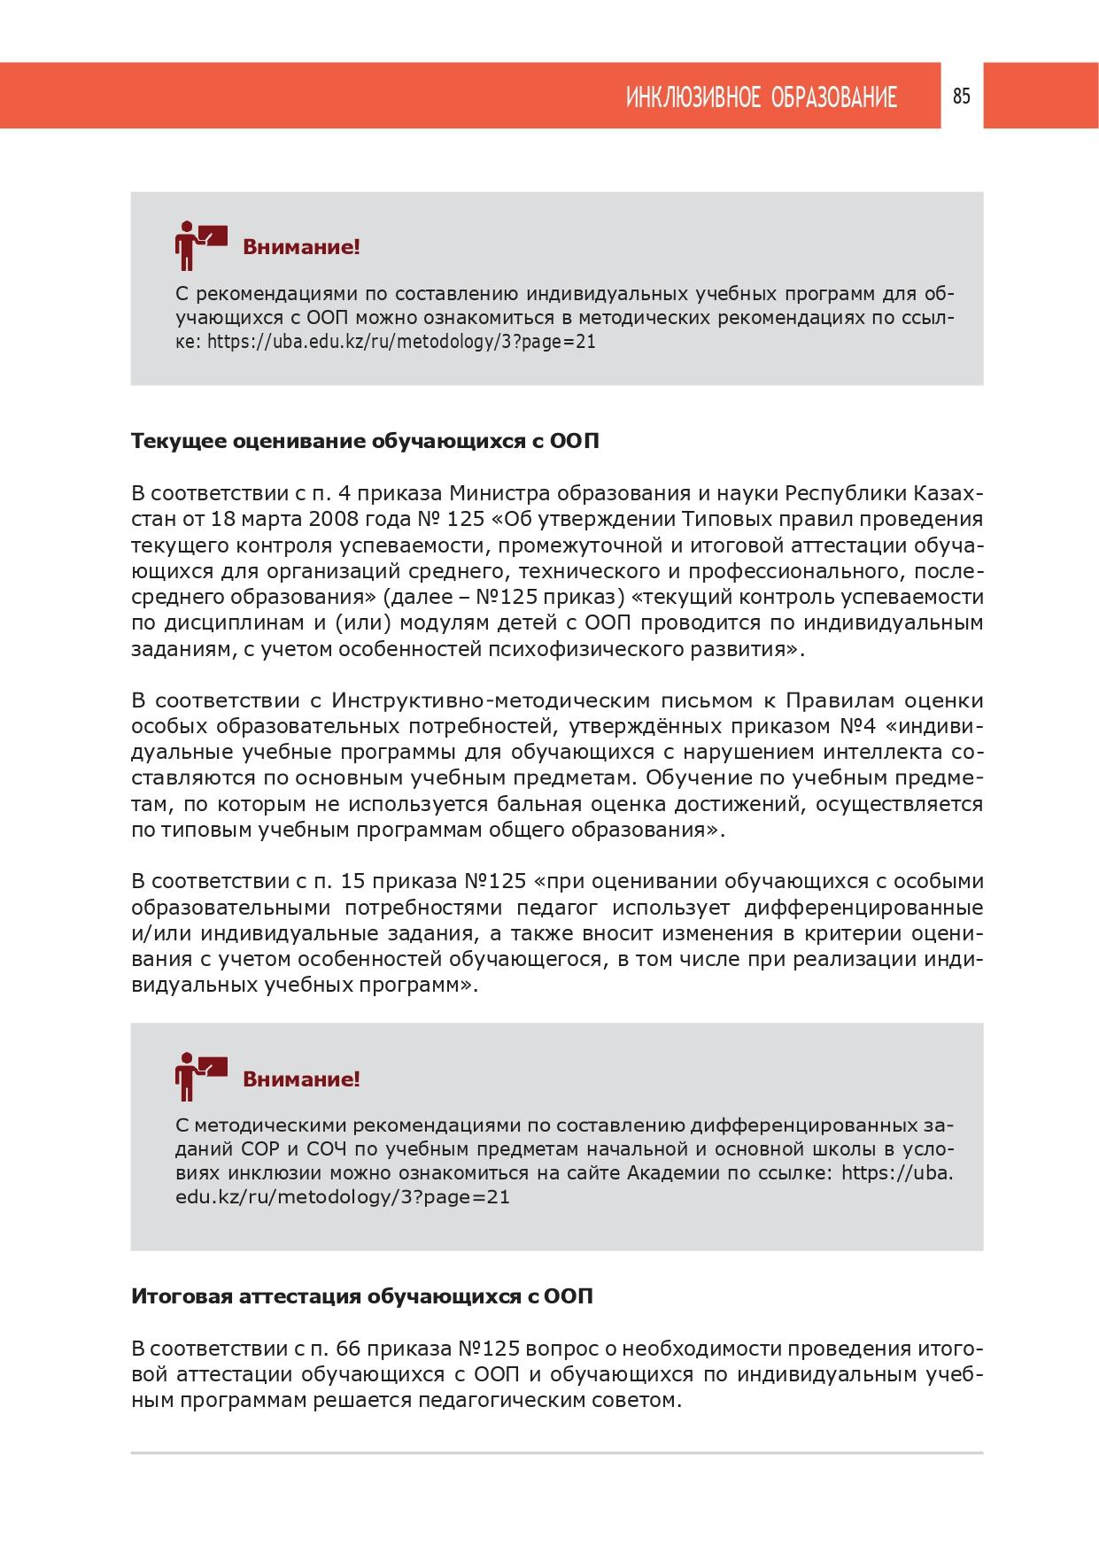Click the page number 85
(962, 97)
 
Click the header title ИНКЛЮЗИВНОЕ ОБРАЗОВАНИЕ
(762, 97)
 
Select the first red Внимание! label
(301, 247)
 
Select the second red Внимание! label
(301, 1079)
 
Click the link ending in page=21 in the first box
(401, 342)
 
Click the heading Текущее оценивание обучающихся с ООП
(365, 440)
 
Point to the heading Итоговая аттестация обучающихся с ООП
(362, 1296)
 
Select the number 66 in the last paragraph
(348, 1349)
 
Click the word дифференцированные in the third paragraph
(864, 908)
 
